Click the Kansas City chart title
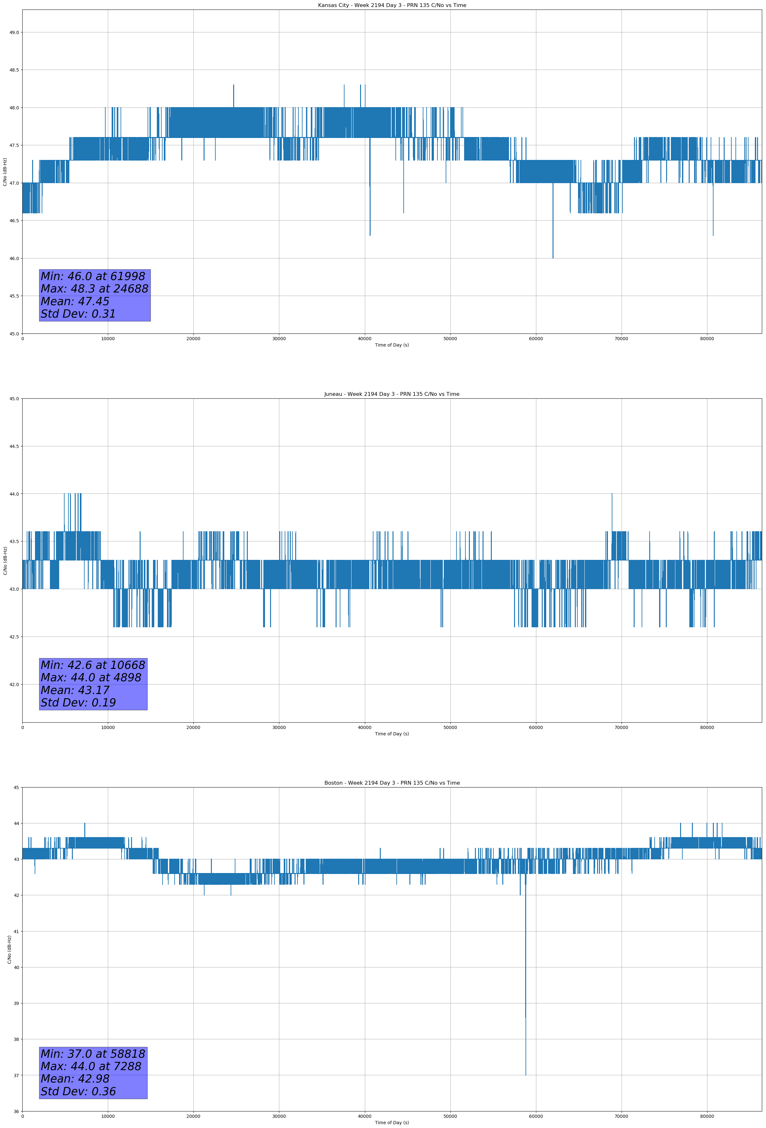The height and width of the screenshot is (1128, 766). [x=392, y=5]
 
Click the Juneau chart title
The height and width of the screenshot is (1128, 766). [x=392, y=394]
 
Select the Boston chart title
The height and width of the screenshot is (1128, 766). [x=392, y=783]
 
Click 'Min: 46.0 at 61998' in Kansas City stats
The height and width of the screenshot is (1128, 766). [x=93, y=276]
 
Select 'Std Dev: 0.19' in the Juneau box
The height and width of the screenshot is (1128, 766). [x=78, y=702]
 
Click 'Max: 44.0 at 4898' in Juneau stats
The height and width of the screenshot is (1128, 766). [x=91, y=677]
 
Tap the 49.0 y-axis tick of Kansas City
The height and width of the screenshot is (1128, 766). [x=14, y=32]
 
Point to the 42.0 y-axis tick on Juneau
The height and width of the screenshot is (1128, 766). [x=14, y=684]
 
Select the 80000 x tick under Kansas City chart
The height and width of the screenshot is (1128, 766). [x=707, y=339]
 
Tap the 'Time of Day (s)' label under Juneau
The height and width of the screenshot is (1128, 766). [x=392, y=734]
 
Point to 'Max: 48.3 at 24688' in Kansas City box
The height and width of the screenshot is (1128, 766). [x=94, y=289]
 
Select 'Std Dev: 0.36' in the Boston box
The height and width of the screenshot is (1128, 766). [x=78, y=1091]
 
